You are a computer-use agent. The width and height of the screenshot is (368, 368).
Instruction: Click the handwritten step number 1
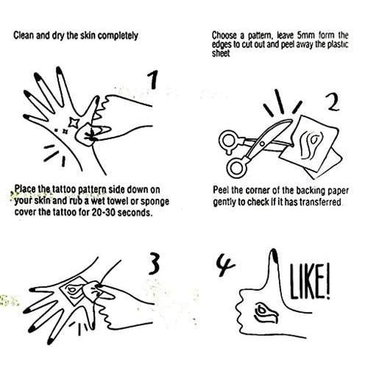152,79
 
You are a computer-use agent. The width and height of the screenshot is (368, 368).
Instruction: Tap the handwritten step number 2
333,102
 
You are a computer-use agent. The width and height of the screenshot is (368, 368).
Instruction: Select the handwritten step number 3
154,263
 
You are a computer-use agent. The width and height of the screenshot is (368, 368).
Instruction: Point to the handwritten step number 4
225,265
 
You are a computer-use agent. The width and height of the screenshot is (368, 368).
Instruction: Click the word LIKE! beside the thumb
310,282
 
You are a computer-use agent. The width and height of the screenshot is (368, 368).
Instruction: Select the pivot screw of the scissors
262,144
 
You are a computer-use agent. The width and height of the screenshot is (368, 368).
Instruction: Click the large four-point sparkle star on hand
74,122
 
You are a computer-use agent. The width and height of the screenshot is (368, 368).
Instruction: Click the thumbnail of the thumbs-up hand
274,255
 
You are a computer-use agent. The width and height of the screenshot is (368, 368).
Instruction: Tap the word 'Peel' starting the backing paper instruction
221,190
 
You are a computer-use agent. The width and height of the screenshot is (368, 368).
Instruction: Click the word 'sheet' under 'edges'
221,54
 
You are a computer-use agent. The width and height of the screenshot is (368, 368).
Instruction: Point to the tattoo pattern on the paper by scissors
312,144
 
